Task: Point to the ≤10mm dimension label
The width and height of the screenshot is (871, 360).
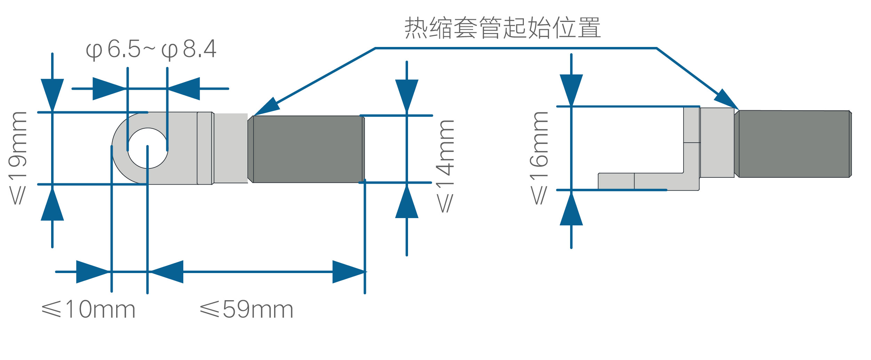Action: (88, 309)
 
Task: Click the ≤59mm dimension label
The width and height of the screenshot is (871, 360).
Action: (247, 309)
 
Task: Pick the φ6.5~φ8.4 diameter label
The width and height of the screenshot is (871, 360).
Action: (151, 49)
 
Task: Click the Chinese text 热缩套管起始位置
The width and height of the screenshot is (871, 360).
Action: (502, 27)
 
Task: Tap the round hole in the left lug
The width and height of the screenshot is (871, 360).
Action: (148, 148)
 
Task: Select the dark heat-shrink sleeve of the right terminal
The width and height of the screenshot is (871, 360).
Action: (793, 144)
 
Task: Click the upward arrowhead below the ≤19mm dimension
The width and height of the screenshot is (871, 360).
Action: (52, 204)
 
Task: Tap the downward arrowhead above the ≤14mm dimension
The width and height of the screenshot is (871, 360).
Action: (407, 96)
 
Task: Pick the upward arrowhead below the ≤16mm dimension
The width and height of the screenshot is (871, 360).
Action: (571, 209)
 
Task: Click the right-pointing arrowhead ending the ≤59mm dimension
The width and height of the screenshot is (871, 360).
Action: (349, 272)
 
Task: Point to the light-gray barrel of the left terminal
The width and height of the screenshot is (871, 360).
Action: (231, 148)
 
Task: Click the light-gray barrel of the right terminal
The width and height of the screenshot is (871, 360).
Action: (717, 143)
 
